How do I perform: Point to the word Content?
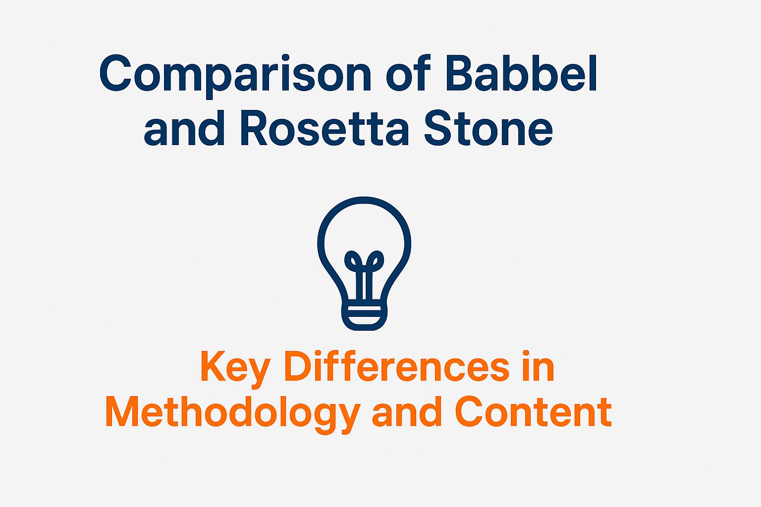pyautogui.click(x=534, y=411)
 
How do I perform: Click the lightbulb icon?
pyautogui.click(x=364, y=263)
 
